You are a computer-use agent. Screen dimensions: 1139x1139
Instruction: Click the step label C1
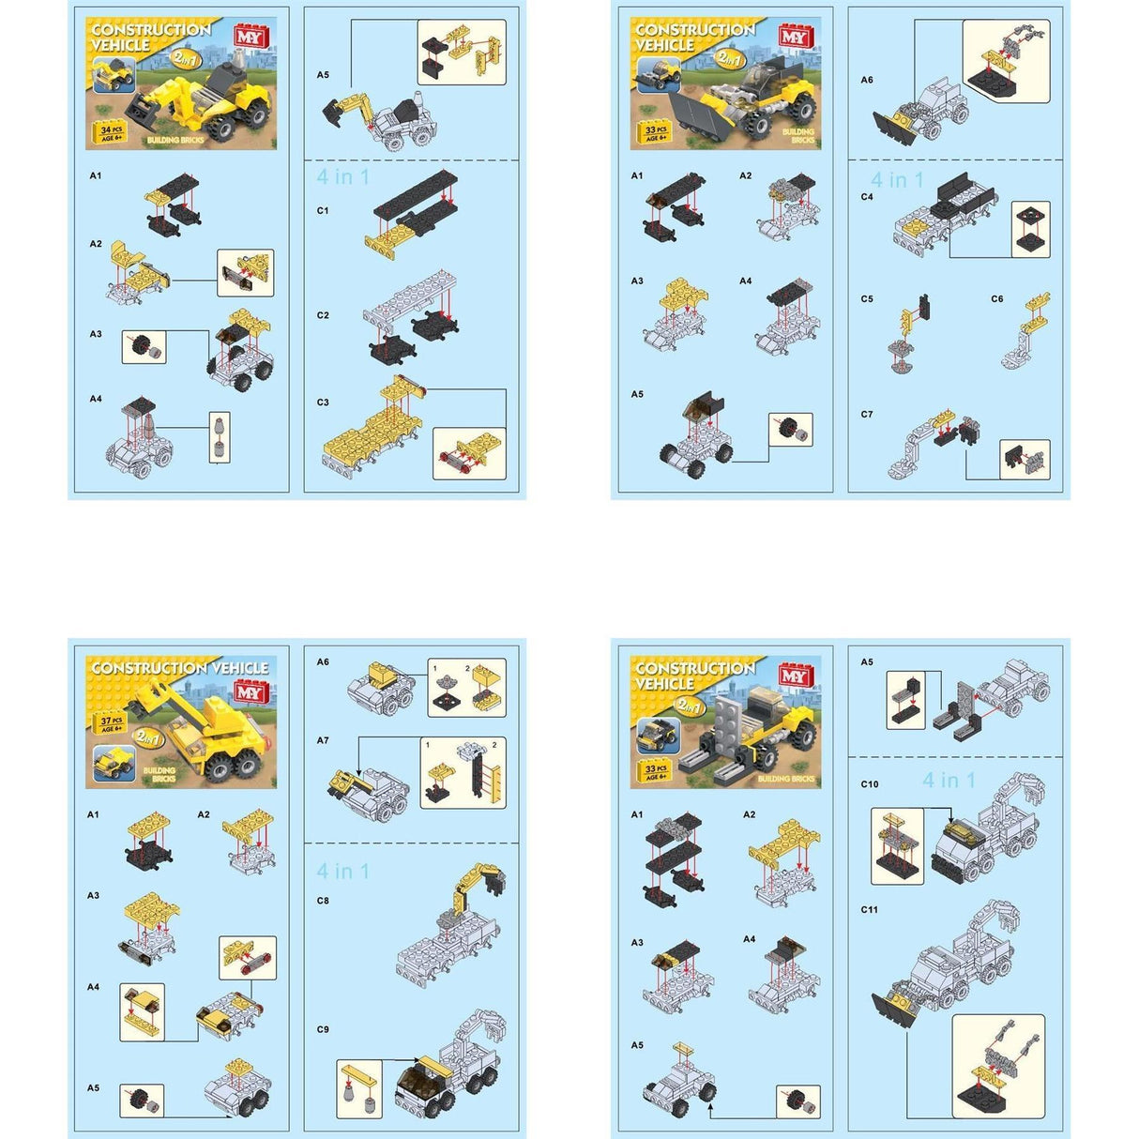(x=323, y=211)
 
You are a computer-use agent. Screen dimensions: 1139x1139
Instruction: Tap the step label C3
(x=323, y=402)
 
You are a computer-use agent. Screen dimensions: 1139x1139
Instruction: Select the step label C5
(x=867, y=299)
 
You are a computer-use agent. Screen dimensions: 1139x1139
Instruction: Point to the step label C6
(x=997, y=299)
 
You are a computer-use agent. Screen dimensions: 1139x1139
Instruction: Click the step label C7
(x=867, y=414)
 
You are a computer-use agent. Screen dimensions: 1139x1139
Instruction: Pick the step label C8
(x=323, y=901)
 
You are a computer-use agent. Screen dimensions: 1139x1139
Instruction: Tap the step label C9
(x=323, y=1029)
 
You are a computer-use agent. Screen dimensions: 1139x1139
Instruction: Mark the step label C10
(x=870, y=784)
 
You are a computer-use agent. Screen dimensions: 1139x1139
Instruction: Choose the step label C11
(x=870, y=909)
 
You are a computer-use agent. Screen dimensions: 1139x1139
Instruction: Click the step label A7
(x=323, y=740)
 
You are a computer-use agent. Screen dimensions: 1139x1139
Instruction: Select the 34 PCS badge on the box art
(x=110, y=132)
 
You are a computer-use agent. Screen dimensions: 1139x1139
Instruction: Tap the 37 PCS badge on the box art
(x=112, y=723)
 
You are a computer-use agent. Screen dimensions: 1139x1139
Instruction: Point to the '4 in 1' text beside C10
(x=949, y=781)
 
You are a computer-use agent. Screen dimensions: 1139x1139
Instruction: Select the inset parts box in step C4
(x=1030, y=230)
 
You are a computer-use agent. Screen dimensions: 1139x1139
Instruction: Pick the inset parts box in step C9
(x=359, y=1088)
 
